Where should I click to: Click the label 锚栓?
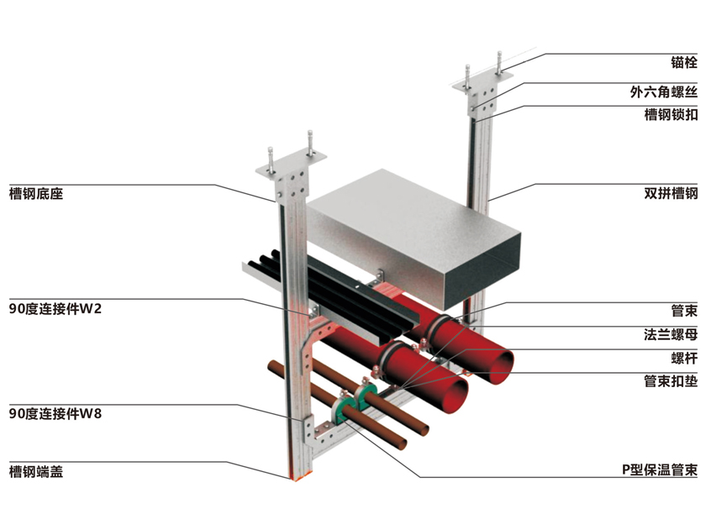point(683,63)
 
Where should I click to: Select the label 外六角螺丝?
point(664,92)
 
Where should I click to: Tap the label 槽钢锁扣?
point(670,115)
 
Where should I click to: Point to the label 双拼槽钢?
point(670,194)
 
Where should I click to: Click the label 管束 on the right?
point(683,312)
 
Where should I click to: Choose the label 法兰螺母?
point(670,335)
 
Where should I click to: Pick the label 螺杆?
point(683,358)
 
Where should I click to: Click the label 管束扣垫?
point(670,380)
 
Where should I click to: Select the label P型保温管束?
point(658,470)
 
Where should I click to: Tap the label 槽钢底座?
point(36,194)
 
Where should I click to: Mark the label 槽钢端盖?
point(36,471)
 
